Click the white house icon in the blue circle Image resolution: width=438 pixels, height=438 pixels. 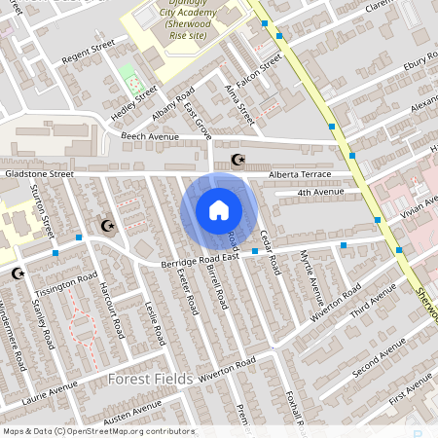pos(219,210)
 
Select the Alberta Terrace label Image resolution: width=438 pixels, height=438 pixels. pos(301,175)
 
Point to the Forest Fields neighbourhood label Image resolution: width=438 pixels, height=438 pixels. pos(148,377)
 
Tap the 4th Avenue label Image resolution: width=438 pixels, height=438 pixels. pos(321,193)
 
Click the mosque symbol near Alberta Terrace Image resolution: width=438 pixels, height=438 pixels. pos(236,160)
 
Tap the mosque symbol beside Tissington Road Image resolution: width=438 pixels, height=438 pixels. pos(18,274)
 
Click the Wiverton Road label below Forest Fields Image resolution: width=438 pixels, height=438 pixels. pos(226,368)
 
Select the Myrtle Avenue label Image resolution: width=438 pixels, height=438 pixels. pos(312,276)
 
